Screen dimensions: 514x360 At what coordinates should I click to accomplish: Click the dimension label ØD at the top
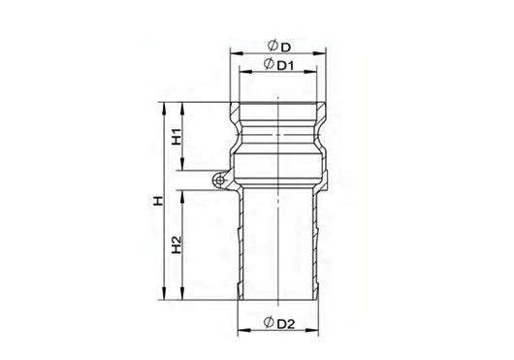tap(279, 47)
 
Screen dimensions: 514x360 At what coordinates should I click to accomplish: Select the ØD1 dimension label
tap(278, 64)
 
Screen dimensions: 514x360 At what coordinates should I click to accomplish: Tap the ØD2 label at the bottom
tap(279, 323)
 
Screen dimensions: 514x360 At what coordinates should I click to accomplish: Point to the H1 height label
tap(177, 137)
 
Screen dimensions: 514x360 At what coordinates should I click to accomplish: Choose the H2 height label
tap(177, 245)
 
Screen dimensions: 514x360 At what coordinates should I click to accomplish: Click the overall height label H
tap(158, 201)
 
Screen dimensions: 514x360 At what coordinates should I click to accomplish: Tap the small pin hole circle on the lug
tap(220, 180)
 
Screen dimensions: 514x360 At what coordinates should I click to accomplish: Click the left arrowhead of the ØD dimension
tap(236, 53)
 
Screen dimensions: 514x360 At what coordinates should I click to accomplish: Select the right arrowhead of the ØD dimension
tap(320, 53)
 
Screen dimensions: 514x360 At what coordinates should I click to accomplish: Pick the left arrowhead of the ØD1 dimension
tap(245, 71)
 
